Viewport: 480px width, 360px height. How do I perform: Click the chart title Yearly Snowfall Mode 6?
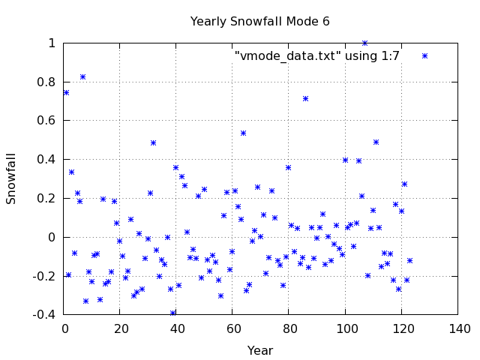[259, 21]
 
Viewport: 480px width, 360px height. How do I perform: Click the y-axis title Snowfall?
[11, 178]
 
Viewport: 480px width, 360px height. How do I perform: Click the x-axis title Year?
[260, 350]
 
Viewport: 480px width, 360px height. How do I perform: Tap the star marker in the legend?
[424, 55]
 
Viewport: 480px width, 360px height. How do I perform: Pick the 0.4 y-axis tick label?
[46, 159]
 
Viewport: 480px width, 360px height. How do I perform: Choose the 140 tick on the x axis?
[459, 328]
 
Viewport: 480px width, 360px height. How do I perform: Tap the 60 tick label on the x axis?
[234, 328]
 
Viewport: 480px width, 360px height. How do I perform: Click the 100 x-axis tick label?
[346, 328]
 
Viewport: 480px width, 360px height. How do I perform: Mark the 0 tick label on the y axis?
[52, 237]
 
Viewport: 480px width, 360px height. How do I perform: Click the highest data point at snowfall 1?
[364, 43]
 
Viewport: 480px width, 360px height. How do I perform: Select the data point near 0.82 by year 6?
[82, 76]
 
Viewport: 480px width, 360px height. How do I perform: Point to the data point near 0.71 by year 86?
[305, 98]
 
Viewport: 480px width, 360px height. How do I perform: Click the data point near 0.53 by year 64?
[243, 133]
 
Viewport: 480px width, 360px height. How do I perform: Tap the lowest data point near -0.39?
[172, 313]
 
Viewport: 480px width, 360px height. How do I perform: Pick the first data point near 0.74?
[66, 92]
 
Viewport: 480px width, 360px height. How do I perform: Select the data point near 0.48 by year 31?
[153, 142]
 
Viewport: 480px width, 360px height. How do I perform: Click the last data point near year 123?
[409, 260]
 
